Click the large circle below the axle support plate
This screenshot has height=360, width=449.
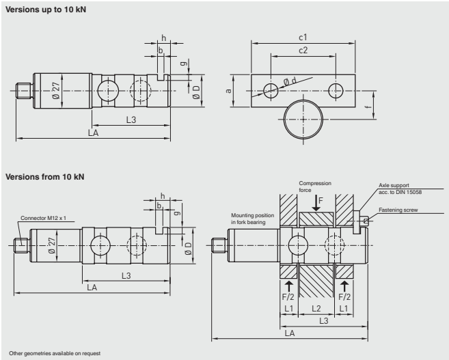click(301, 118)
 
